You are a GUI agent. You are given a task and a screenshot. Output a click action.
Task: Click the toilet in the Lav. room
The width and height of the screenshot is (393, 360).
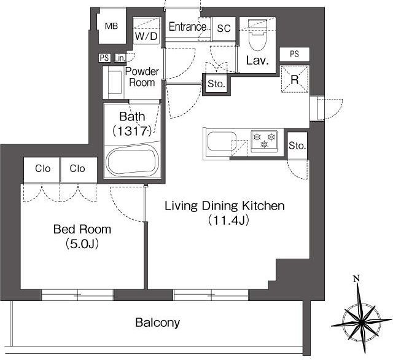coord(257,35)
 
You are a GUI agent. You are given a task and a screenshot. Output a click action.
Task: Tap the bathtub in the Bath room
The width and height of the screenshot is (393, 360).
coord(133,161)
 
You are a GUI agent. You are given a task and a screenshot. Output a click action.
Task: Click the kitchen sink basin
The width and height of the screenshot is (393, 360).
coord(222,141)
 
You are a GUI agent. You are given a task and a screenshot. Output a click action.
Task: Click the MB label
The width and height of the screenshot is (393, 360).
coord(111,26)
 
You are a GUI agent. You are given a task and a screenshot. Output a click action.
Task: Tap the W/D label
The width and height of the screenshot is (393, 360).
coord(146,36)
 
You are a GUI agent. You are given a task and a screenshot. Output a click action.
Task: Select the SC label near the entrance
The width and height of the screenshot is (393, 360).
coord(224,29)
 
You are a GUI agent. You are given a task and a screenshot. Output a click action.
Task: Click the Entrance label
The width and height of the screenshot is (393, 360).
coord(187,26)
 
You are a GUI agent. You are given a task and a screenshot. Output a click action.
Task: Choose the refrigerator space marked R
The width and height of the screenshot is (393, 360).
coord(295,79)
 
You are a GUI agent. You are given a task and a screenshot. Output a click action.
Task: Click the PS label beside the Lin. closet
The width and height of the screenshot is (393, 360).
coord(104,58)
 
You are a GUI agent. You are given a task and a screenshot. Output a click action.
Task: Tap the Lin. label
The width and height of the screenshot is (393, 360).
coord(120,58)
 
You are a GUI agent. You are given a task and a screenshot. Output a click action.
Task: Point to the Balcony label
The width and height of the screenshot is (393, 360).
coord(157,323)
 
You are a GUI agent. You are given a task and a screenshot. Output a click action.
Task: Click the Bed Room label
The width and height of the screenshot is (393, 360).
coord(82,229)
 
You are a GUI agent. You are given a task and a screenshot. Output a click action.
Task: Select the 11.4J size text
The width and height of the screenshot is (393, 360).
coord(228,221)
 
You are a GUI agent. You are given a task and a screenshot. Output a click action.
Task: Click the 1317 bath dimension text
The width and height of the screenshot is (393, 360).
coord(132,131)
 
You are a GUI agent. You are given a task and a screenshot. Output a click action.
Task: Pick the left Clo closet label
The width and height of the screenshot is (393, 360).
coord(42,169)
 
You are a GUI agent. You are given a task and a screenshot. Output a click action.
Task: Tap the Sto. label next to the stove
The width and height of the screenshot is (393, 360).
coord(297,146)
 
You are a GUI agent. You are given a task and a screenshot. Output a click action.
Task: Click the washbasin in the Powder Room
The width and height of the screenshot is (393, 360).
coord(115,82)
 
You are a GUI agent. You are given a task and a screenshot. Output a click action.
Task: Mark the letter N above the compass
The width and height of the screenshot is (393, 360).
coord(356,278)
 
